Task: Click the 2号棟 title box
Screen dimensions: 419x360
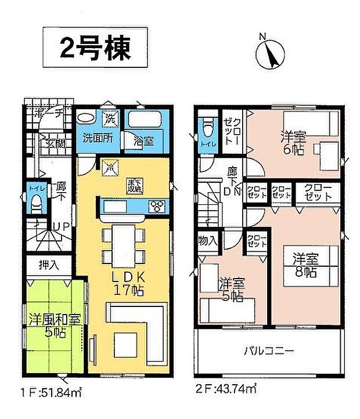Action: point(96,46)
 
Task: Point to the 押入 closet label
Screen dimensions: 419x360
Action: point(48,265)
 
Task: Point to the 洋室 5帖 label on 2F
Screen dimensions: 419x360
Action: point(232,289)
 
